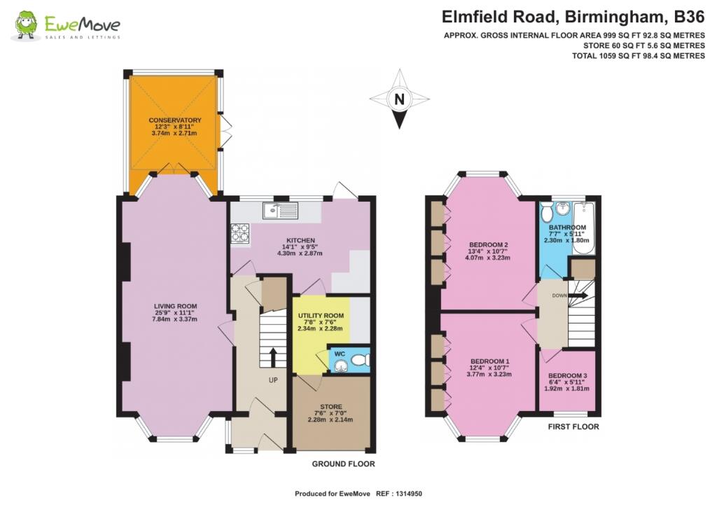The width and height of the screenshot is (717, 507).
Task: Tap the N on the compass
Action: tap(399, 99)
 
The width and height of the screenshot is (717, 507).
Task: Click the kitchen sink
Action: tap(280, 209)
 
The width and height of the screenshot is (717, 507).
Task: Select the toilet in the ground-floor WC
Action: tap(359, 360)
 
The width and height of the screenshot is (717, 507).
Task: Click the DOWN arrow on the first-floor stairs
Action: tap(578, 296)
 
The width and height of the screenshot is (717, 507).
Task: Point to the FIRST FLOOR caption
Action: tap(574, 426)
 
